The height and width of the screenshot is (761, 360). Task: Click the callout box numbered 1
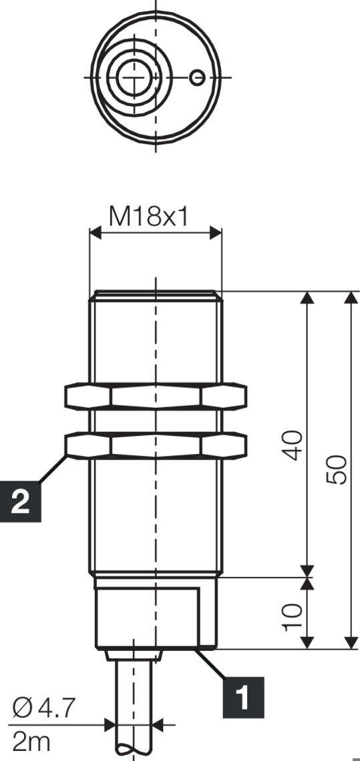242,694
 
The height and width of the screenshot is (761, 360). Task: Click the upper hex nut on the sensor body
156,396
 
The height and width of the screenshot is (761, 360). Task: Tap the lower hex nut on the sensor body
156,446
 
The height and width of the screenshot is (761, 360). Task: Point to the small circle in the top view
196,77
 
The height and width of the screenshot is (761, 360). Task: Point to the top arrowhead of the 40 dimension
307,298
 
